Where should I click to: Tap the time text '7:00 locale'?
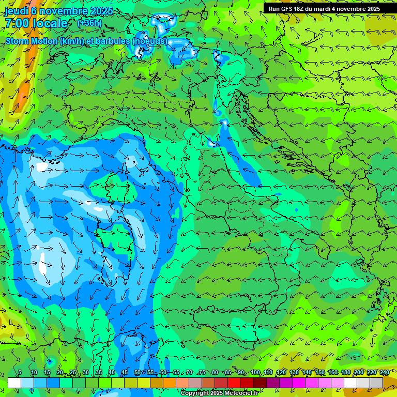click(x=36, y=23)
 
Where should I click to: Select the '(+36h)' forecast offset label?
click(x=89, y=23)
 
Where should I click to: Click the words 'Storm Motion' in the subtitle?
click(x=31, y=41)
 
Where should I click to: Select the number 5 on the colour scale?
click(x=20, y=372)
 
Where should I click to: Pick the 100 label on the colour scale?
click(x=255, y=372)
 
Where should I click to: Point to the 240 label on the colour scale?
click(x=384, y=372)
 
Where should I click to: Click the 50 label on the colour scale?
click(x=137, y=372)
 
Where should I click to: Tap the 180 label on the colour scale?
click(x=345, y=372)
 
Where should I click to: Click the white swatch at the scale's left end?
click(x=14, y=383)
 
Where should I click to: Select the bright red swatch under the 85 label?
click(x=234, y=383)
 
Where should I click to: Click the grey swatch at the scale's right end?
click(x=376, y=383)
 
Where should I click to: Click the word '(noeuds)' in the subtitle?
click(x=149, y=41)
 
